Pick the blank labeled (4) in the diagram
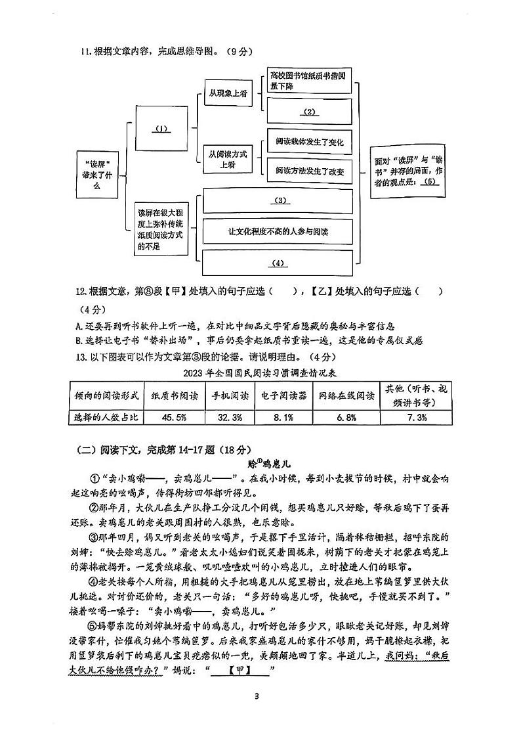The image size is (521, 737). (280, 263)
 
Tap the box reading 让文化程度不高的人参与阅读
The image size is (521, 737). (280, 231)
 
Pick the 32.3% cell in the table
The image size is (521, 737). (230, 417)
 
